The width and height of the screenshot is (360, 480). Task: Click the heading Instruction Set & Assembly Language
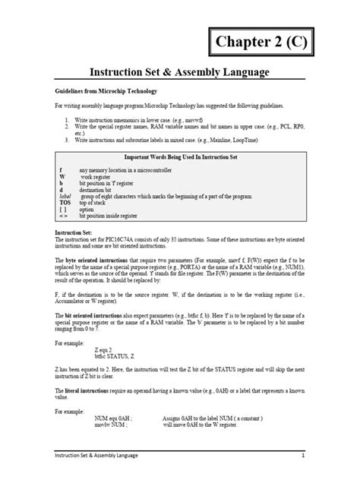pyautogui.click(x=180, y=72)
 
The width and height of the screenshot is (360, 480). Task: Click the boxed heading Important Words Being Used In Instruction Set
pyautogui.click(x=181, y=156)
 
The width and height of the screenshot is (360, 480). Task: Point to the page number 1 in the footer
pyautogui.click(x=302, y=456)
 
